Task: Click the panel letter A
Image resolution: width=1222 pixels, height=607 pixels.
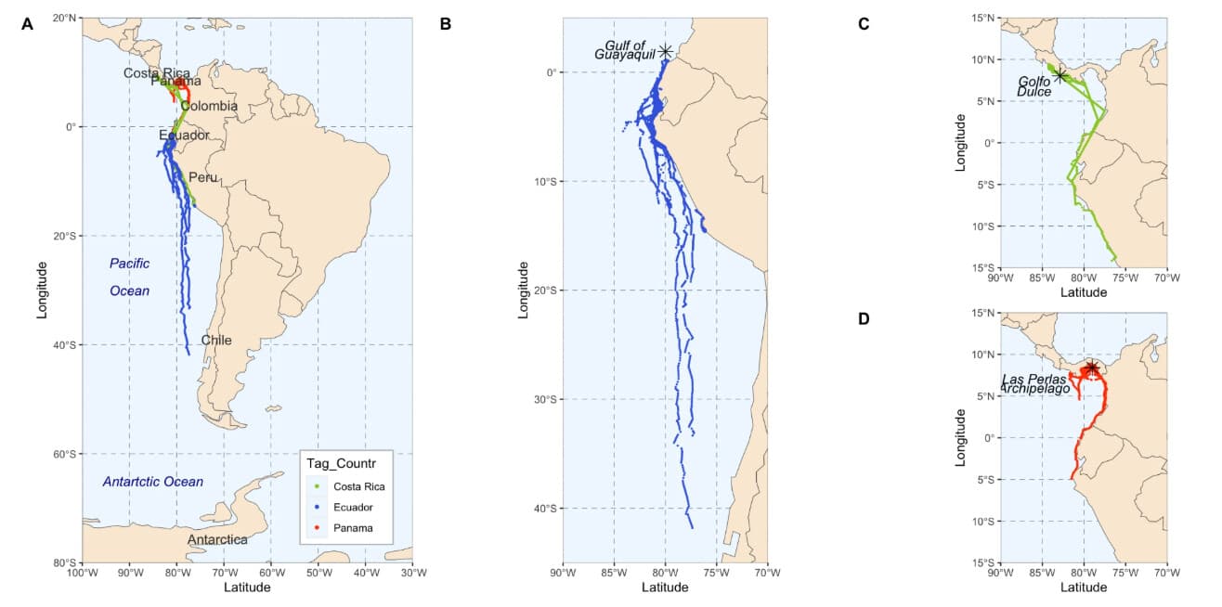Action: point(28,24)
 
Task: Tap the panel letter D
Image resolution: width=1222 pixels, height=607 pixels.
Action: point(864,319)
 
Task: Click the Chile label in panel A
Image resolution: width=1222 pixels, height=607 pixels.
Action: point(216,340)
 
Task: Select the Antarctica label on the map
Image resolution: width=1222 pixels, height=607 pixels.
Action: point(217,539)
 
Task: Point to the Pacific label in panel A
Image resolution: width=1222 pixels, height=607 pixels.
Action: point(129,264)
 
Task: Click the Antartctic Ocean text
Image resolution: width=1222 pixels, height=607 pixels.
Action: point(152,482)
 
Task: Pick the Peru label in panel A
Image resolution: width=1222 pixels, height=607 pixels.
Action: point(203,177)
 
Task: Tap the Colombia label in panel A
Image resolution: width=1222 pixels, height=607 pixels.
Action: point(209,106)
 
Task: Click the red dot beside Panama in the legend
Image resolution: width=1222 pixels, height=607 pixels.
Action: point(317,529)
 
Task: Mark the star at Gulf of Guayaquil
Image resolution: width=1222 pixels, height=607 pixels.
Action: point(666,52)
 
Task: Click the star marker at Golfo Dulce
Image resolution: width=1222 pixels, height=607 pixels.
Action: point(1060,75)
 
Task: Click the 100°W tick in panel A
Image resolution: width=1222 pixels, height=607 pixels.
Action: point(82,573)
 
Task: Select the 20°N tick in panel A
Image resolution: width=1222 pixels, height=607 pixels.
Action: point(64,18)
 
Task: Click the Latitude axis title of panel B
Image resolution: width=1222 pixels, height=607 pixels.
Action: point(665,587)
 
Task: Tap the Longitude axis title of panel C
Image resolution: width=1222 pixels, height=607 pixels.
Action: point(962,142)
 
